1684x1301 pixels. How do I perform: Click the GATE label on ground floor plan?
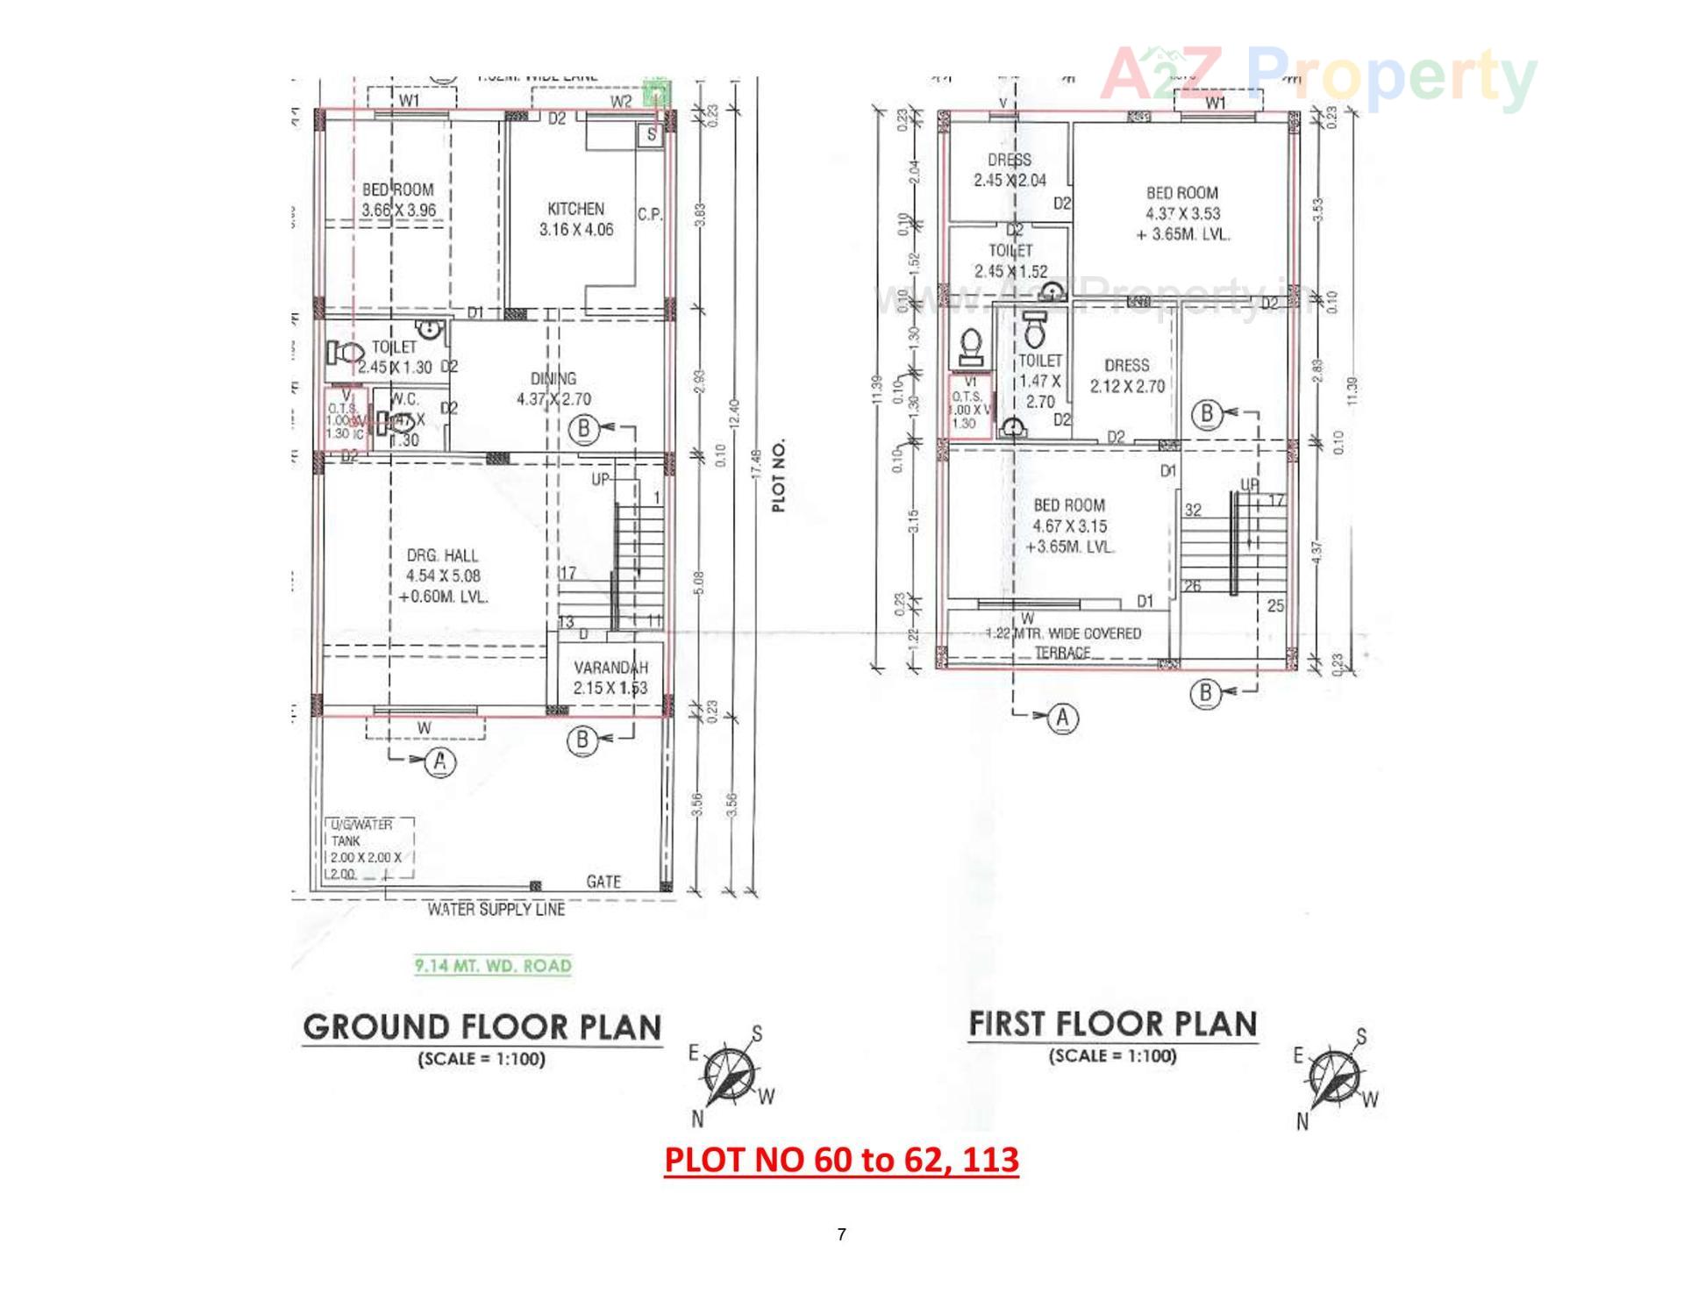click(603, 881)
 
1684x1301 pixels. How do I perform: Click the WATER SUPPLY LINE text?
click(496, 909)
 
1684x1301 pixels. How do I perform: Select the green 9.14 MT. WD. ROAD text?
click(493, 966)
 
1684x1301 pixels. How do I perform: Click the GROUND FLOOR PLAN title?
click(482, 1027)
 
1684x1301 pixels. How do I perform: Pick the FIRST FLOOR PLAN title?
click(1112, 1024)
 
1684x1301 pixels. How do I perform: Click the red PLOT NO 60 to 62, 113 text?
click(841, 1160)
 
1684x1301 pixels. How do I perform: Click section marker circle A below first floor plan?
click(1063, 718)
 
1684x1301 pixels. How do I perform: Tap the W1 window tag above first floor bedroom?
click(1215, 103)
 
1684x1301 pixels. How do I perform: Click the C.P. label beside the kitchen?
click(649, 214)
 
